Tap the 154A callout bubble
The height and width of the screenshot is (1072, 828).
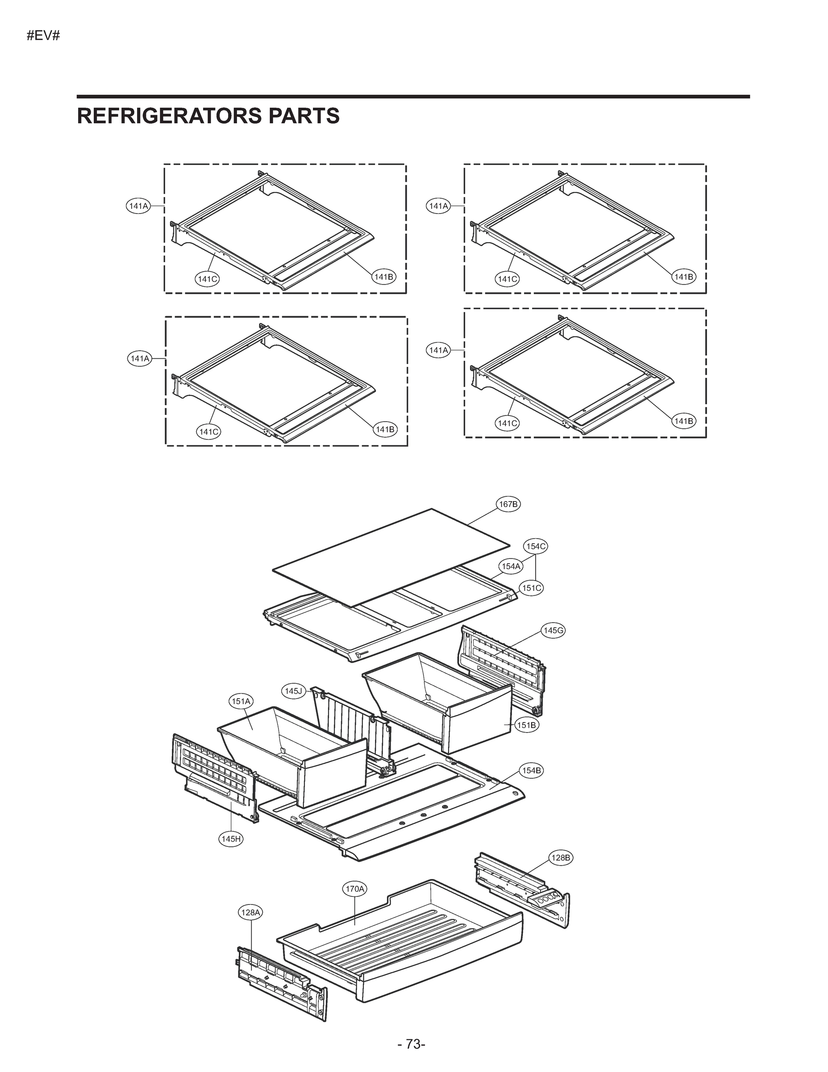(511, 566)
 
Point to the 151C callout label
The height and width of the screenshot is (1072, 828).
(531, 587)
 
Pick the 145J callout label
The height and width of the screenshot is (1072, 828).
(293, 691)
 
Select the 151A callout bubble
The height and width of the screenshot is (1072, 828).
(241, 701)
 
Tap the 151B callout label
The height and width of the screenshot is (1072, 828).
(526, 725)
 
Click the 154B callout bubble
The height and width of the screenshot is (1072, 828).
(531, 770)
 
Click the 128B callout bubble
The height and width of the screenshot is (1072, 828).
(561, 858)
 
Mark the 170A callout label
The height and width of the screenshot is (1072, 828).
(355, 889)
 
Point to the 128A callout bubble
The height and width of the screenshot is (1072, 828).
(250, 913)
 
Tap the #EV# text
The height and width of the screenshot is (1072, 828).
(43, 36)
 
